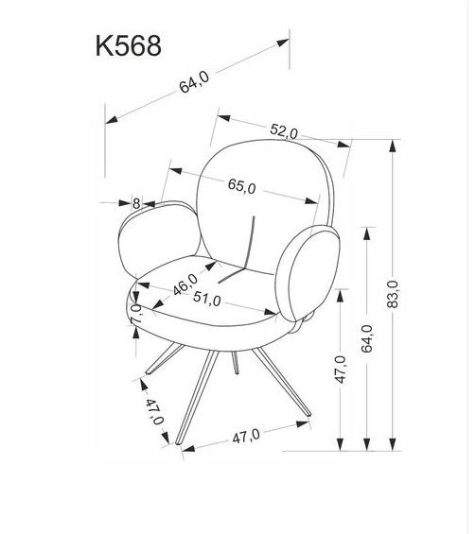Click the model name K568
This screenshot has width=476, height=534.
128,46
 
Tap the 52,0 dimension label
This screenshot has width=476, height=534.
284,131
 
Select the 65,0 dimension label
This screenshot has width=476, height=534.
241,186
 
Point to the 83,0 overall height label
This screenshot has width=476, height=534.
393,294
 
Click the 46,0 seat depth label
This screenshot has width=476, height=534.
185,284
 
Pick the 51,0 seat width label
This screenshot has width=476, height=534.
207,299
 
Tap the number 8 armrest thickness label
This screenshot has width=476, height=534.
136,203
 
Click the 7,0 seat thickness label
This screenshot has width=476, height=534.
135,314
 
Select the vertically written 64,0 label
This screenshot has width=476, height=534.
366,338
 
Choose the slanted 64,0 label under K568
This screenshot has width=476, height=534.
194,82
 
